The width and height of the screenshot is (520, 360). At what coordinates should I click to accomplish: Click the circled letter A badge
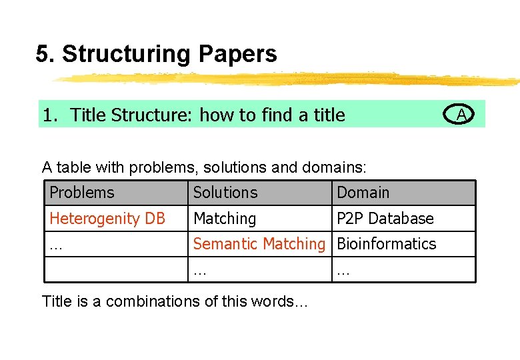[460, 115]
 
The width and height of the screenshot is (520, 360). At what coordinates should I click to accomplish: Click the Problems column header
[82, 193]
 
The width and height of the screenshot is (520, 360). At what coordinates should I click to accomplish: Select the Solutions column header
[225, 193]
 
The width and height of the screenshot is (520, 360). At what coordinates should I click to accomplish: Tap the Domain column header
[363, 193]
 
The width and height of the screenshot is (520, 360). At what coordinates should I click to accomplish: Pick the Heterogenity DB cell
[107, 219]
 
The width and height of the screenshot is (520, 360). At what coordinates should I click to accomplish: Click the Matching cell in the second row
[225, 219]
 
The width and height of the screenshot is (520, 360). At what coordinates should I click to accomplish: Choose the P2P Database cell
[385, 219]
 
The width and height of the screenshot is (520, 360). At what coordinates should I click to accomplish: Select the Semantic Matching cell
[259, 244]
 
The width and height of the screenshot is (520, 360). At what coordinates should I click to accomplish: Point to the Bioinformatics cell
[386, 244]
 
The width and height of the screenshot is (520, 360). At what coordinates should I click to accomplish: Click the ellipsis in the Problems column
[56, 245]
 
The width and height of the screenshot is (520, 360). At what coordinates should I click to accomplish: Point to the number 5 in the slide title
[43, 54]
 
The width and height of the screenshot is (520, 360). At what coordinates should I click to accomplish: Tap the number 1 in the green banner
[48, 115]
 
